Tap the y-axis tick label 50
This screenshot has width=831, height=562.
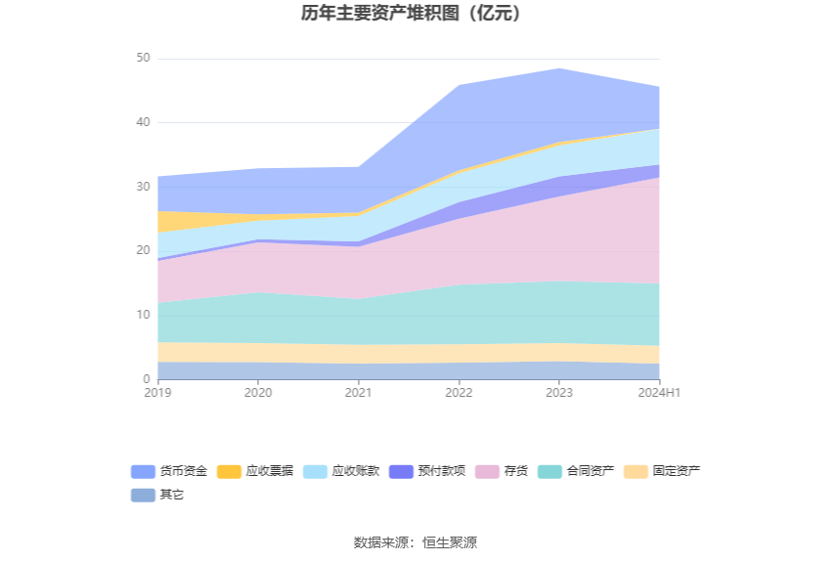click(143, 59)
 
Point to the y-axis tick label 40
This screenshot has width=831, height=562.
click(143, 123)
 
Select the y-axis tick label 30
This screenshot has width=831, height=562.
click(143, 187)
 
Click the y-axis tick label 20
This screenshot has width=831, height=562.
click(143, 251)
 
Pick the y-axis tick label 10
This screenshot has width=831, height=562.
click(143, 315)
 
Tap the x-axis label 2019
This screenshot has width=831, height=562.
click(157, 393)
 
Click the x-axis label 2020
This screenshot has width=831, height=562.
click(258, 393)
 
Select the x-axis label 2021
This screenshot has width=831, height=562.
click(359, 393)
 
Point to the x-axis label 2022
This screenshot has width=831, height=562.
click(459, 393)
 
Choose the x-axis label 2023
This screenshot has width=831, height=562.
click(559, 393)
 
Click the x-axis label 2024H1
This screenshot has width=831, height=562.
click(659, 393)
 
